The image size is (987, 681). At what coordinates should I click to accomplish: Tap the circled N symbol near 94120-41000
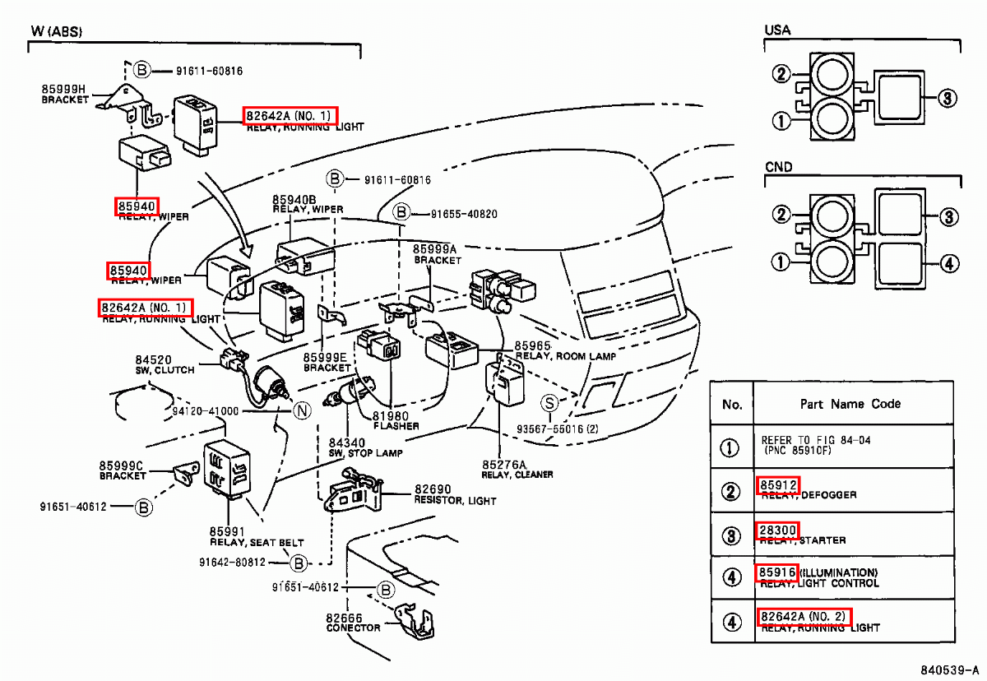tap(302, 410)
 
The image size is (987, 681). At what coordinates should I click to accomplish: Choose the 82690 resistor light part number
tap(433, 489)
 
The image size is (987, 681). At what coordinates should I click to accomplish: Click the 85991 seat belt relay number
tap(227, 531)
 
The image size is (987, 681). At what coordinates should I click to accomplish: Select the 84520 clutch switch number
tap(154, 359)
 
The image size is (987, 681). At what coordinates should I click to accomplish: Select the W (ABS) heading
tap(57, 31)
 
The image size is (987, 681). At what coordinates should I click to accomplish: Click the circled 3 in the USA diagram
tap(947, 99)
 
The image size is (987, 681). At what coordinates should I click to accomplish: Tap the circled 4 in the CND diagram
tap(948, 264)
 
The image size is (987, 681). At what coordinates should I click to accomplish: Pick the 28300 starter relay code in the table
tap(777, 530)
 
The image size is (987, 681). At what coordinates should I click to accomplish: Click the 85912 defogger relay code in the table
tap(777, 485)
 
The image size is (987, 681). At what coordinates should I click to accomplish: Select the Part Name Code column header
tap(850, 404)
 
